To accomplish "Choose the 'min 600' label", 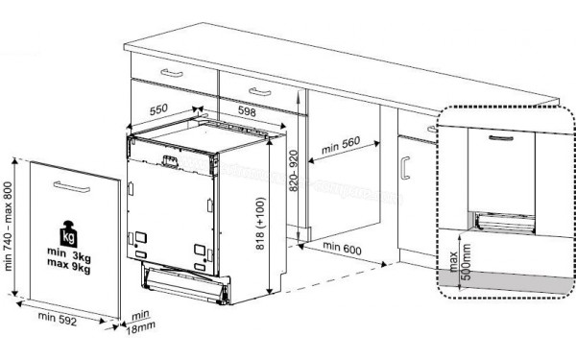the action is click(344, 248).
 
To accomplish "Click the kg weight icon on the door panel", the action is click(69, 234).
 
